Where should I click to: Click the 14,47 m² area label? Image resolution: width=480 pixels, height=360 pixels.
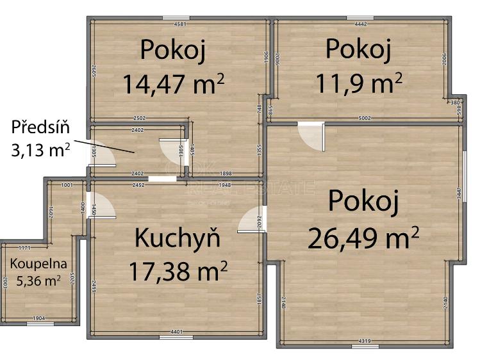click(x=173, y=83)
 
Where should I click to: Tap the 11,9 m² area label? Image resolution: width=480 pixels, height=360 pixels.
click(x=358, y=82)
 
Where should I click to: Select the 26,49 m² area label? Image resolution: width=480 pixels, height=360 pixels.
click(x=363, y=238)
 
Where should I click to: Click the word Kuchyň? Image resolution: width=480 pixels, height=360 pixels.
click(x=178, y=238)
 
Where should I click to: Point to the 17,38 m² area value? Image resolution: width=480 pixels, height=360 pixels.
click(x=178, y=271)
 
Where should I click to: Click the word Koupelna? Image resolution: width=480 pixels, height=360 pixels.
click(x=37, y=263)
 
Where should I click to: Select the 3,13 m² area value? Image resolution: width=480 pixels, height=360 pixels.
click(x=40, y=150)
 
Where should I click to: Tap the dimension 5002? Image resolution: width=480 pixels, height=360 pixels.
click(x=364, y=119)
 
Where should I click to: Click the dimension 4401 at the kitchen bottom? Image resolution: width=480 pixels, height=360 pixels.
click(x=177, y=331)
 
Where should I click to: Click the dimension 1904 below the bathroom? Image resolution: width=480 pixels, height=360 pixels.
click(x=38, y=318)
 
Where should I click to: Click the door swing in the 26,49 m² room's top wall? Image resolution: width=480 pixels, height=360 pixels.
click(x=313, y=137)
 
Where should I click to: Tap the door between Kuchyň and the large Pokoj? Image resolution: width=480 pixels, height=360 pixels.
click(x=251, y=220)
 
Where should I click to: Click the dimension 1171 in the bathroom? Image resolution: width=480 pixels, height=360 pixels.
click(x=24, y=247)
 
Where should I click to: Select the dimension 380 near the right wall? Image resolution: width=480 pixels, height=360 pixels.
click(x=454, y=102)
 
